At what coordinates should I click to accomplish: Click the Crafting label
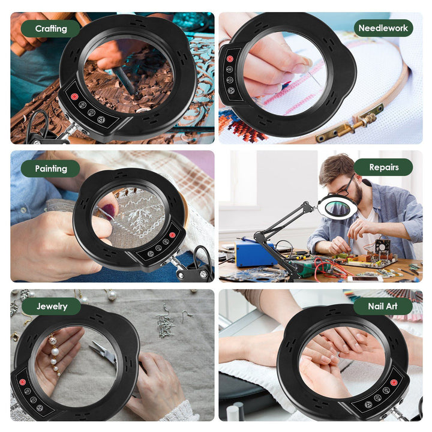50,29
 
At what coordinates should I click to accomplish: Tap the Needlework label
383,28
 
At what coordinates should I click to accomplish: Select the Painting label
50,169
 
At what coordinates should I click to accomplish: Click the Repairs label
383,167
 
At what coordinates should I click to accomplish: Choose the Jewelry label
52,307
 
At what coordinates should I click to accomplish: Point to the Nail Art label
383,307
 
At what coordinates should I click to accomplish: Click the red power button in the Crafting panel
74,97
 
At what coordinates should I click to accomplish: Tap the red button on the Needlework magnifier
230,59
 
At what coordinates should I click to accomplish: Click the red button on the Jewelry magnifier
22,382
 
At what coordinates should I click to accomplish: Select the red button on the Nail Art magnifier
394,382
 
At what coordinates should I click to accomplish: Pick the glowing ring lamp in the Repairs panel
334,208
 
